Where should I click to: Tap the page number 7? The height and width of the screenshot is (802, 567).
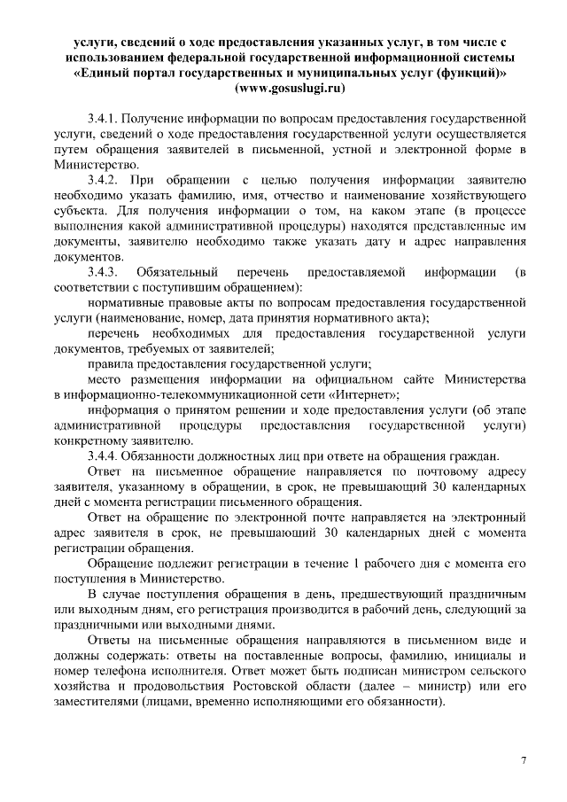(524, 761)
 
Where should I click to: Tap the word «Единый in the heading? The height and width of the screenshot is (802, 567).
(105, 73)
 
